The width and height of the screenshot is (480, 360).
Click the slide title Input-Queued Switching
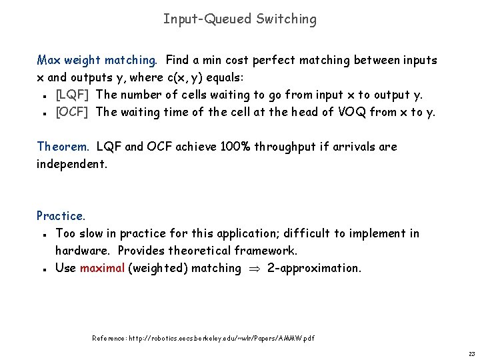point(240,19)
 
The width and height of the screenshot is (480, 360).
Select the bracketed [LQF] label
point(72,95)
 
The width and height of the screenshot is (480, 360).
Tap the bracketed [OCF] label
point(72,112)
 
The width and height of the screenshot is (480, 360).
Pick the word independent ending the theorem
point(71,164)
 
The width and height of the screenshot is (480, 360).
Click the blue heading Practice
point(61,216)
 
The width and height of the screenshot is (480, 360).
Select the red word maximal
point(102,268)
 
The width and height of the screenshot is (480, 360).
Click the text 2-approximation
point(313,268)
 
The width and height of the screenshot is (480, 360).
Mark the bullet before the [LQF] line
point(43,95)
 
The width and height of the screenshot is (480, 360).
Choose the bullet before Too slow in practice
point(43,234)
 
